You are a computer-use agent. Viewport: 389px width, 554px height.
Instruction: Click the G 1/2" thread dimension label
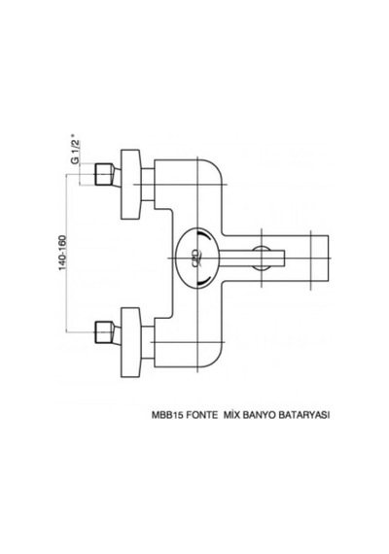[x=75, y=150]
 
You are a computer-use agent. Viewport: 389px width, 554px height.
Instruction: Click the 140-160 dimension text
[x=62, y=253]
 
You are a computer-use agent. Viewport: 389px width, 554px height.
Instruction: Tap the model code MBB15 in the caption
[x=167, y=415]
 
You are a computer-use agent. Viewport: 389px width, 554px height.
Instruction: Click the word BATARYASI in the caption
[x=304, y=415]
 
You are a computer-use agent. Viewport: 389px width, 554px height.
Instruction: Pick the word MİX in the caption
[x=230, y=415]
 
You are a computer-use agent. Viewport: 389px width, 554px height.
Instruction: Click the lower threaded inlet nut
[x=104, y=332]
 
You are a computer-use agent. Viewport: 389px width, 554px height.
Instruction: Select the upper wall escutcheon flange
[x=131, y=184]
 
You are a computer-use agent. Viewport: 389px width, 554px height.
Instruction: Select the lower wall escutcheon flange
[x=131, y=342]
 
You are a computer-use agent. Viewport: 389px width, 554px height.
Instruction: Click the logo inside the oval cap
[x=195, y=258]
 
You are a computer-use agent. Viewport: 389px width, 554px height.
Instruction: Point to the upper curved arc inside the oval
[x=206, y=236]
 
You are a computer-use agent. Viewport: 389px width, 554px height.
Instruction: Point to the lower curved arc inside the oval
[x=206, y=280]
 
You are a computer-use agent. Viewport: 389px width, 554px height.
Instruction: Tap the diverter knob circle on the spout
[x=262, y=258]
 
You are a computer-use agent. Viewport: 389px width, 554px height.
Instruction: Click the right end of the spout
[x=329, y=259]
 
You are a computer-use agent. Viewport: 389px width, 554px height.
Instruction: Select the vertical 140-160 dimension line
[x=66, y=253]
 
